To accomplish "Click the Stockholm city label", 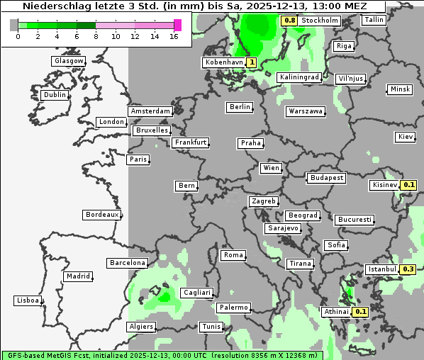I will (319, 21).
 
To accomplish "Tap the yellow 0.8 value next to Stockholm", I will (289, 21).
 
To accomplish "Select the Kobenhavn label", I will (223, 62).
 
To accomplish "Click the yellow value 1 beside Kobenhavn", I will (252, 62).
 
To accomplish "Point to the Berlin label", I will (240, 107).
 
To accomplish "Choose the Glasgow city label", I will (69, 61).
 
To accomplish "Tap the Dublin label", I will (55, 95).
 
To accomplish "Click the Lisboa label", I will (28, 301).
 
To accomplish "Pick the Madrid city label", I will (78, 276).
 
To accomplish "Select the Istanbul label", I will (382, 269).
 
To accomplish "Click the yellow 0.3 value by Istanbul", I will (408, 269).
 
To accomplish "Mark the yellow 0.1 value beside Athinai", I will (361, 312).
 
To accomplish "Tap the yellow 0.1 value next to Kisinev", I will (408, 185).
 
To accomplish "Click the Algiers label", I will (140, 327).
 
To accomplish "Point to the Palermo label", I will (233, 308).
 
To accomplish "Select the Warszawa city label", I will (306, 111).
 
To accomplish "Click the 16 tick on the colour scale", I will (174, 35).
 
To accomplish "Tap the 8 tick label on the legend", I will (96, 35).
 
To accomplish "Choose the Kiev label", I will (406, 137).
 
